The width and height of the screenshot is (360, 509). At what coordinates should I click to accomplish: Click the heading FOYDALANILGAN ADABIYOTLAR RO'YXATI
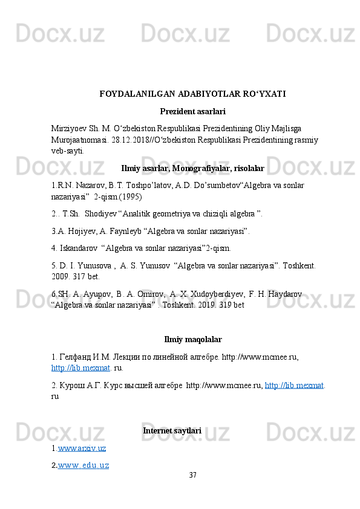[192, 94]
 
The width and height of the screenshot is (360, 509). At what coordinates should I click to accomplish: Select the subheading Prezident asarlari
[192, 112]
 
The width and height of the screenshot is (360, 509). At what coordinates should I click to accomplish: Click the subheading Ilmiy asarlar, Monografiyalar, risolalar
[192, 168]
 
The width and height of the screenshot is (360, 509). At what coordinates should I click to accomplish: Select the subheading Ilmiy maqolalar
[192, 339]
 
